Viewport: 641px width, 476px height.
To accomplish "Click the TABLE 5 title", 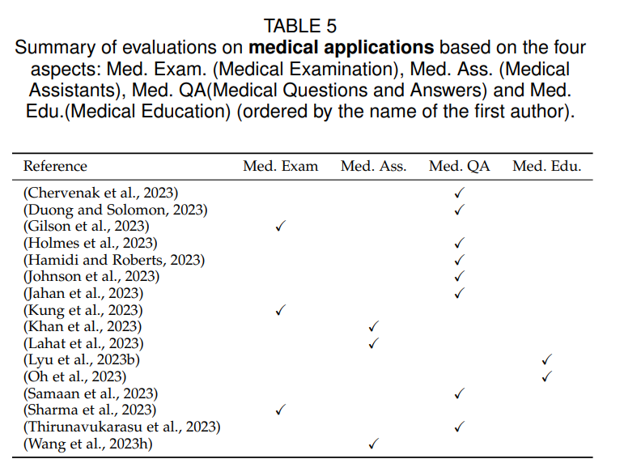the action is [300, 26].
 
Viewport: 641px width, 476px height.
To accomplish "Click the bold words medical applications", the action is [341, 48].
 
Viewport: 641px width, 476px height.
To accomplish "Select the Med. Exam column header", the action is [280, 166].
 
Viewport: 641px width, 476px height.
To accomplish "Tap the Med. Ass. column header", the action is [374, 166].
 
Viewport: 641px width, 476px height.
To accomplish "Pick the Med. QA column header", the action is [459, 167].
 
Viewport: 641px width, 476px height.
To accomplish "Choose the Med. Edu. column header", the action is [546, 166].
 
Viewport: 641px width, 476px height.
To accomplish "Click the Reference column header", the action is [55, 166].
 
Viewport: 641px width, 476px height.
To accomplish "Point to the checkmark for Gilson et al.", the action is [280, 226].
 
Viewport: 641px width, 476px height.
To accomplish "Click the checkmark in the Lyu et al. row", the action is [546, 359].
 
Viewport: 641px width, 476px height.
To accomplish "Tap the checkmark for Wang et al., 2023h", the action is [374, 444].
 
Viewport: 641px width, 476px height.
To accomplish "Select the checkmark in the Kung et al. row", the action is [280, 310].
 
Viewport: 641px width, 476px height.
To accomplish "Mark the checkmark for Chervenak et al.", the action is [459, 193].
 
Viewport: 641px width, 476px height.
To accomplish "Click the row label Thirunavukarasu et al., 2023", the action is [122, 427].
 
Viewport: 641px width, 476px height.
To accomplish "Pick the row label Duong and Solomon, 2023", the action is [116, 210].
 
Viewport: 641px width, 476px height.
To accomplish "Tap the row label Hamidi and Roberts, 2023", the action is [114, 260].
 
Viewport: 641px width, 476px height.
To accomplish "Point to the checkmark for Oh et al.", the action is [546, 376].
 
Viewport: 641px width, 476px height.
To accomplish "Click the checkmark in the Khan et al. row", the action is [374, 326].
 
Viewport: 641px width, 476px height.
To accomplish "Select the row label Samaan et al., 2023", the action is [91, 393].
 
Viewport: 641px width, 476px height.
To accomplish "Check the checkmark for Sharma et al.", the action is [280, 410].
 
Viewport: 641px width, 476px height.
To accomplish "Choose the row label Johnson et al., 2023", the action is [91, 276].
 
